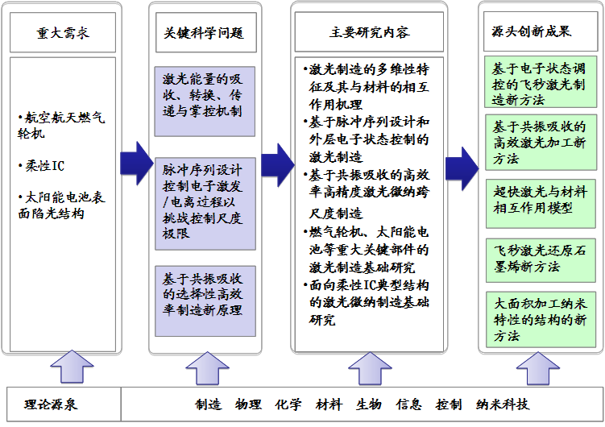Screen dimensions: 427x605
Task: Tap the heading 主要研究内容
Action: pos(370,34)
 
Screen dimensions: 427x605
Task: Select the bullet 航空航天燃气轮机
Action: pos(60,126)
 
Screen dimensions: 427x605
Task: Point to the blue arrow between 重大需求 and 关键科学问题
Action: pos(135,162)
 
